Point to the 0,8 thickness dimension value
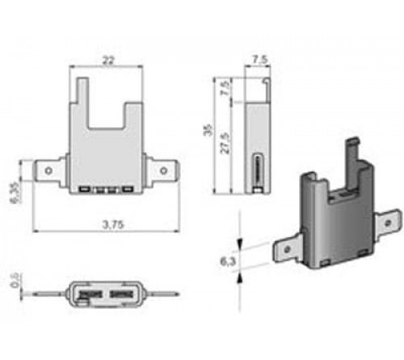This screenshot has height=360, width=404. pyautogui.click(x=15, y=281)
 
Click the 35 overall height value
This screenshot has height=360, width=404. pyautogui.click(x=209, y=130)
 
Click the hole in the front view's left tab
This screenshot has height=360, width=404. pyautogui.click(x=48, y=171)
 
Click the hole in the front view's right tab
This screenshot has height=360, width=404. pyautogui.click(x=165, y=171)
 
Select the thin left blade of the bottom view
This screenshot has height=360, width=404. pyautogui.click(x=54, y=292)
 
